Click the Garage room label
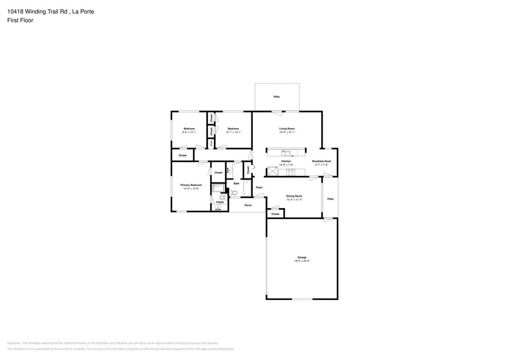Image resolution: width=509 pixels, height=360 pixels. point(302,257)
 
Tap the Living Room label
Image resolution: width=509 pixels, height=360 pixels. point(287,128)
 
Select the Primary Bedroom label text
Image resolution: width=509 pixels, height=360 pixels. point(191,185)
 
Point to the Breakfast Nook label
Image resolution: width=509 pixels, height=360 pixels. point(321,161)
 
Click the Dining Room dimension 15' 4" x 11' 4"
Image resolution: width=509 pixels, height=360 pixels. point(294,200)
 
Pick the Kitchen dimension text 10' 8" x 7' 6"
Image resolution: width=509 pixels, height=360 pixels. point(286,165)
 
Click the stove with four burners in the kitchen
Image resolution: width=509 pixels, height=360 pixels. point(290,173)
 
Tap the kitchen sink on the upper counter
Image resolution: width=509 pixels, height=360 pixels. point(285,152)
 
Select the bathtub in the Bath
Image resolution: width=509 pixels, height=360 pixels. point(247,188)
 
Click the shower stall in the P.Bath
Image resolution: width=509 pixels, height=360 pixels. point(218,188)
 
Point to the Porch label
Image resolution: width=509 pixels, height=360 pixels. point(248,205)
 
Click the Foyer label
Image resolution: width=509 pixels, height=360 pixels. point(259,187)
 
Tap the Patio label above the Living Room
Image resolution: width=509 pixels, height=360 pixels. point(277,96)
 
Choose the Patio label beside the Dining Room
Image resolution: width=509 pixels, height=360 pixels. point(330,199)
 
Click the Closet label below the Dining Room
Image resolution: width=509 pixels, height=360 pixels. point(275,214)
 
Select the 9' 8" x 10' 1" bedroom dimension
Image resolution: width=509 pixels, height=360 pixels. point(189,132)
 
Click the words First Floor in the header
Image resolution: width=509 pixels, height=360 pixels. point(20,20)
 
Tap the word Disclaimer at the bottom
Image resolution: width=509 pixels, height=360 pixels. point(14,343)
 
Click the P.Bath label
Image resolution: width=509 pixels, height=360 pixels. point(220,202)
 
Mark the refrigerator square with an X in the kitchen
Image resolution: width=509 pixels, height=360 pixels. point(273,172)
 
